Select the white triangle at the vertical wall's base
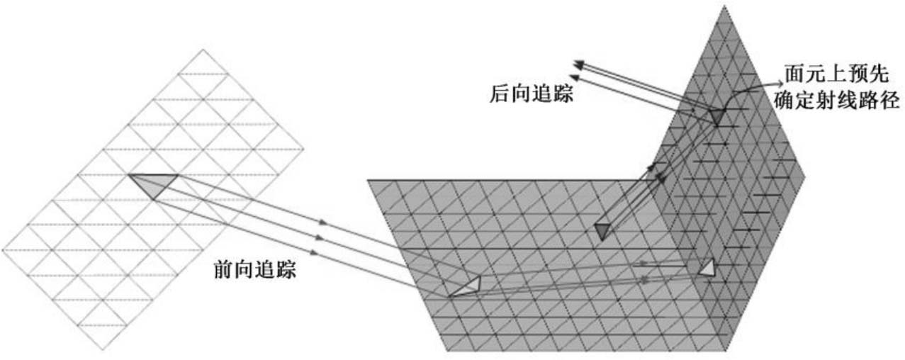tap(707, 268)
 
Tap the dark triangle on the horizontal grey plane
tap(603, 230)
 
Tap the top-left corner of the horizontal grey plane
tap(368, 181)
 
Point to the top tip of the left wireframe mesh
tap(203, 50)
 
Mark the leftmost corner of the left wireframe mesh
tap(3, 250)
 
